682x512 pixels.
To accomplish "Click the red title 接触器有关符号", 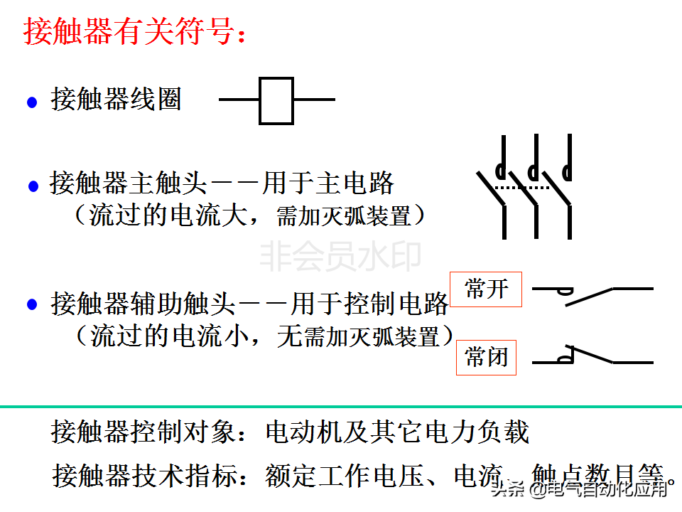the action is pyautogui.click(x=135, y=32).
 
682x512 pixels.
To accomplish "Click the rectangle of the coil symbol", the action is pyautogui.click(x=276, y=100).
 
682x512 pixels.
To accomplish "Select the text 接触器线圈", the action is pyautogui.click(x=116, y=99).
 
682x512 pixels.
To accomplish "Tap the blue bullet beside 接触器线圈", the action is pyautogui.click(x=32, y=102).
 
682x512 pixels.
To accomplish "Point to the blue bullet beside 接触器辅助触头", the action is pyautogui.click(x=32, y=305).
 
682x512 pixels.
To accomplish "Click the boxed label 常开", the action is pyautogui.click(x=486, y=289).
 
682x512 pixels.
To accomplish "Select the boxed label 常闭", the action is pyautogui.click(x=486, y=357).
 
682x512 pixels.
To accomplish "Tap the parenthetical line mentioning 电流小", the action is pyautogui.click(x=264, y=335).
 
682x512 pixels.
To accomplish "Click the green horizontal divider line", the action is pyautogui.click(x=341, y=407).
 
